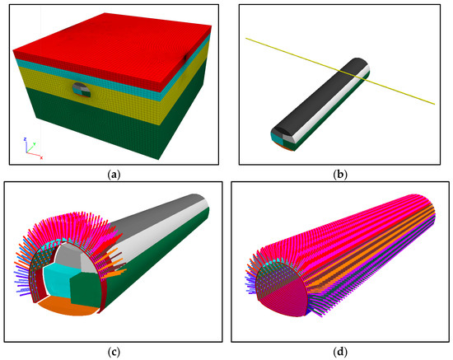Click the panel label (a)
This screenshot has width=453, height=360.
pyautogui.click(x=114, y=175)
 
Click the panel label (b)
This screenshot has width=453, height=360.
pyautogui.click(x=339, y=175)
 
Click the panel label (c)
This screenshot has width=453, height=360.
pyautogui.click(x=114, y=353)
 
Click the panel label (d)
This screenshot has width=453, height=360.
pyautogui.click(x=339, y=353)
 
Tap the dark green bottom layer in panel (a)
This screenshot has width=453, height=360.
pyautogui.click(x=115, y=127)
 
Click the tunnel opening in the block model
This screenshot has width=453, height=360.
pyautogui.click(x=82, y=90)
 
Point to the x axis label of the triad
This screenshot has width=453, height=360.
pyautogui.click(x=42, y=158)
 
